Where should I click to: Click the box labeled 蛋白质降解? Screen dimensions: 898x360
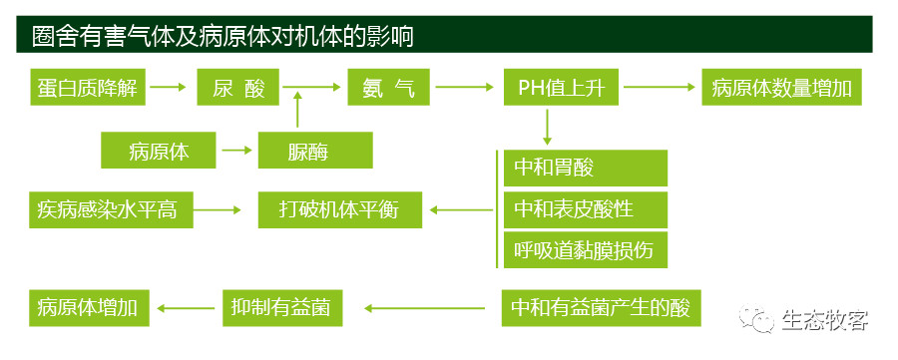pos(88,87)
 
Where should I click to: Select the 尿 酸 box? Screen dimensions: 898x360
pos(238,87)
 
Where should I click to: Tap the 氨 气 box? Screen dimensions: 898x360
pos(388,87)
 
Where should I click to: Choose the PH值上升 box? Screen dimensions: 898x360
pos(561,87)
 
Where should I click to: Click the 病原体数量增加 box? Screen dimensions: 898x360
pos(781,87)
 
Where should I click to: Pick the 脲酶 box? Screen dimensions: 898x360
pos(315,151)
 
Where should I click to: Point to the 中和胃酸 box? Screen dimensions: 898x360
pos(586,168)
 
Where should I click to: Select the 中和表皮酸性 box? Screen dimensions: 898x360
pos(586,210)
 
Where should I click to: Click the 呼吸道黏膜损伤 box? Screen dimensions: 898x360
pos(586,249)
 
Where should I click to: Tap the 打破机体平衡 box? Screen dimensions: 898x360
pos(339,210)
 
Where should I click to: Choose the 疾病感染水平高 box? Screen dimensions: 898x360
pos(111,210)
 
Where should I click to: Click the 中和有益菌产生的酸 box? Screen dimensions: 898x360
pos(601,308)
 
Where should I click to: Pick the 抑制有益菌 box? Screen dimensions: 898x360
pos(282,308)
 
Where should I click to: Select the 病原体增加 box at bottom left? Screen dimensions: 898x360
pos(90,308)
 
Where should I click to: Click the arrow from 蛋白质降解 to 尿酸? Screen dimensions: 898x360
pos(169,87)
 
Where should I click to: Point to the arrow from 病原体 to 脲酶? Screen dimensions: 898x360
pos(236,151)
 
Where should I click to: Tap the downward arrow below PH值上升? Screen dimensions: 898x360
pos(547,127)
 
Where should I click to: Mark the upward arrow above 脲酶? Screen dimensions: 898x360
pos(296,110)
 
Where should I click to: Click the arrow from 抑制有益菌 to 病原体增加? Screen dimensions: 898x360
pos(186,308)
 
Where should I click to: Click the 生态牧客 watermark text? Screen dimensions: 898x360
pos(825,320)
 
